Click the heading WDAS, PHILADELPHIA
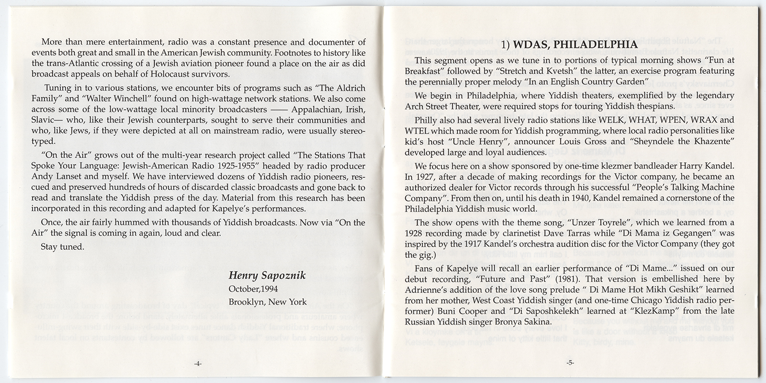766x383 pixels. pyautogui.click(x=569, y=45)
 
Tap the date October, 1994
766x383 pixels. pyautogui.click(x=253, y=289)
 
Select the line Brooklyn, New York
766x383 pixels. pyautogui.click(x=267, y=302)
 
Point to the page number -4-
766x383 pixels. pyautogui.click(x=198, y=363)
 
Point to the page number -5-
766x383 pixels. pyautogui.click(x=569, y=363)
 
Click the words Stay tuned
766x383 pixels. pyautogui.click(x=63, y=247)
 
